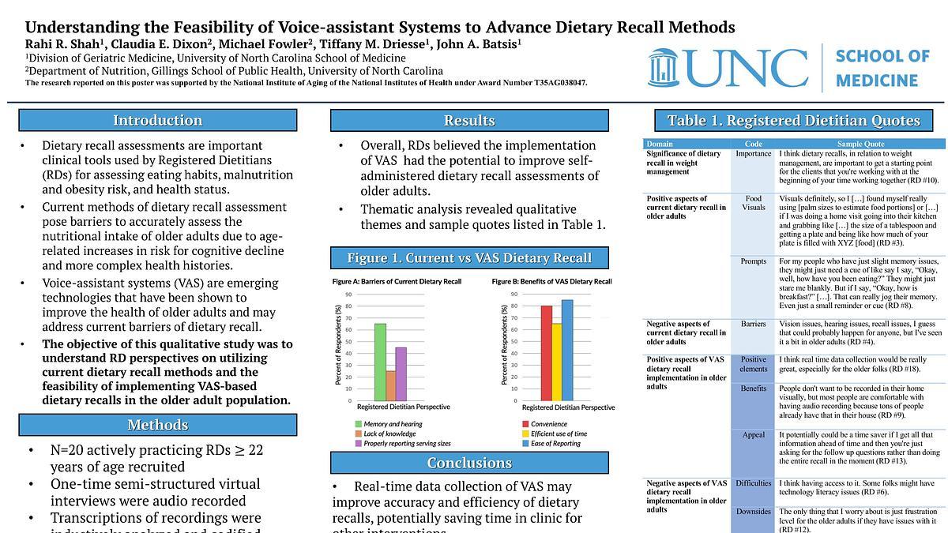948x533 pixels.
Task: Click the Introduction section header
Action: point(157,120)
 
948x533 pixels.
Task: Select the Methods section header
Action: point(157,425)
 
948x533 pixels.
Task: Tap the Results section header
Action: point(469,120)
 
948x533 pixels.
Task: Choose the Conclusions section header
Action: point(469,463)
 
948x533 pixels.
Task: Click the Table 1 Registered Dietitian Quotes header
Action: point(793,120)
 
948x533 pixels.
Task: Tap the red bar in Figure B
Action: point(546,353)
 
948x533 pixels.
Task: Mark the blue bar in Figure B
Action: point(567,350)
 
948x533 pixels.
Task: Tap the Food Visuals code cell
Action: point(754,203)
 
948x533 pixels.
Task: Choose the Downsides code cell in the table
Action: point(754,512)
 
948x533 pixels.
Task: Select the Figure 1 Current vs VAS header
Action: point(469,258)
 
